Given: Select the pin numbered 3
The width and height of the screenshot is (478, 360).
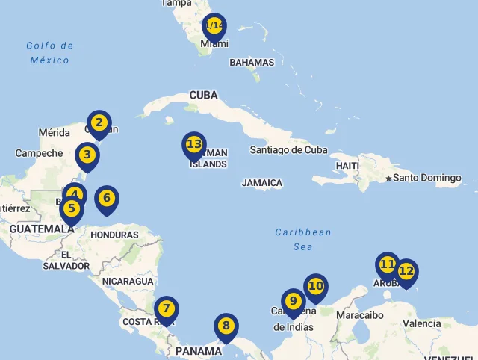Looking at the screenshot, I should pyautogui.click(x=87, y=155).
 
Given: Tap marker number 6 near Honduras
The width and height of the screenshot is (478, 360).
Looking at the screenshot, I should pyautogui.click(x=107, y=199).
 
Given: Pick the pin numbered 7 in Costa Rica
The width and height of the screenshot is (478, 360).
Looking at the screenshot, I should pyautogui.click(x=166, y=308).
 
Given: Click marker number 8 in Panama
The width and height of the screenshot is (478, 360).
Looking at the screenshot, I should pyautogui.click(x=226, y=326).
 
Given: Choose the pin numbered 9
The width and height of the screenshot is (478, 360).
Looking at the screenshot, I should pyautogui.click(x=293, y=301).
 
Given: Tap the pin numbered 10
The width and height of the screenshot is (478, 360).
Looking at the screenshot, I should pyautogui.click(x=316, y=286).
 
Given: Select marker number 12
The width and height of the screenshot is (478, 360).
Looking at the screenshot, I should pyautogui.click(x=406, y=272).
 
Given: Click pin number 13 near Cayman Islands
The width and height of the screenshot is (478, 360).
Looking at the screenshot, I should pyautogui.click(x=194, y=144).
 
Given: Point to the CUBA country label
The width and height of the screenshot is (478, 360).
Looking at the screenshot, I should pyautogui.click(x=204, y=95).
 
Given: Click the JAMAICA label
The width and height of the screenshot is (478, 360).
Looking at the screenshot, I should pyautogui.click(x=262, y=183).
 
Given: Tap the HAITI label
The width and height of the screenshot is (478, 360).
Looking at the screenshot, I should pyautogui.click(x=348, y=165).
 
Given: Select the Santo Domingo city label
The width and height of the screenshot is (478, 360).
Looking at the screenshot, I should pyautogui.click(x=427, y=178).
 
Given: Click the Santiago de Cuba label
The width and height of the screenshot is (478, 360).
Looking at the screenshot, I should pyautogui.click(x=288, y=149).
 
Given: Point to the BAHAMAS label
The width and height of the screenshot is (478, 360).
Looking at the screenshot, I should pyautogui.click(x=252, y=63).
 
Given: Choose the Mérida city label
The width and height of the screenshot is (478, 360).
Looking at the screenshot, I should pyautogui.click(x=54, y=133).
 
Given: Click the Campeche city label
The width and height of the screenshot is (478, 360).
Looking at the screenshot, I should pyautogui.click(x=39, y=153).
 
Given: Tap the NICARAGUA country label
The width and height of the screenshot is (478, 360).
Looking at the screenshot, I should pyautogui.click(x=128, y=282).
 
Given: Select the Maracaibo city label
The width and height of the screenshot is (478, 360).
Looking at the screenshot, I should pyautogui.click(x=360, y=315).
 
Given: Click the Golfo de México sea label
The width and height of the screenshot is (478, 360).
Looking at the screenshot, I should pyautogui.click(x=50, y=53).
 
